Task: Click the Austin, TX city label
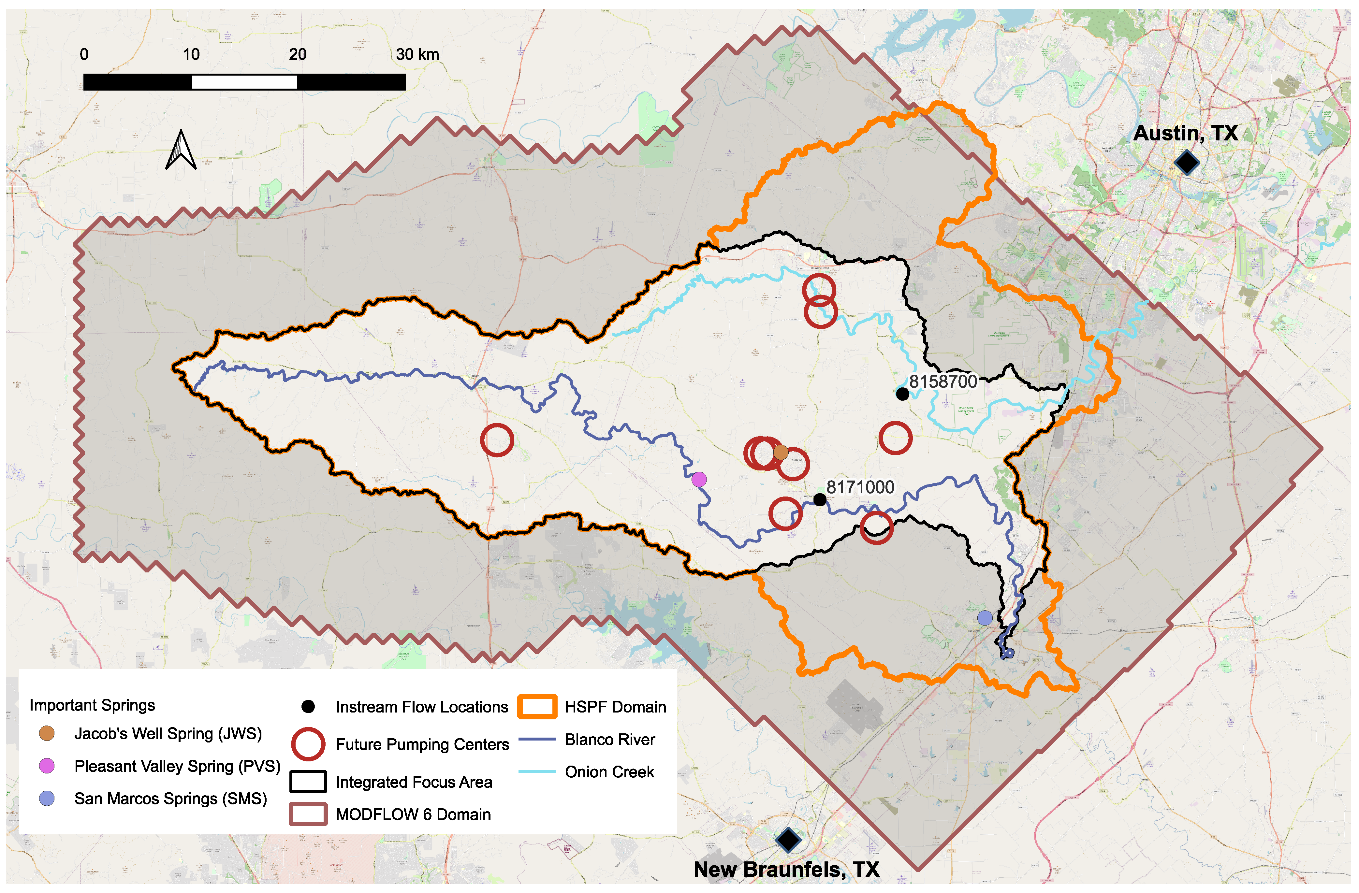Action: point(1185,133)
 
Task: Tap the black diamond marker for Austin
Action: point(1187,163)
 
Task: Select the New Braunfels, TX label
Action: point(786,869)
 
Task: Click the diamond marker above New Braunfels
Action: point(789,839)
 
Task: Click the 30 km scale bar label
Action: point(417,55)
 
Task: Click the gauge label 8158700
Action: point(943,382)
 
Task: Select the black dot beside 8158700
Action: point(902,394)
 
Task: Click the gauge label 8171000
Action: point(860,487)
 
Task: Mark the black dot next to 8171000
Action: point(819,499)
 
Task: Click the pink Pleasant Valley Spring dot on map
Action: point(699,480)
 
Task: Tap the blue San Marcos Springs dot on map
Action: point(985,617)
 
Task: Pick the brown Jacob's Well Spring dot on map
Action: point(781,453)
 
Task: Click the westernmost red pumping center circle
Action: point(497,439)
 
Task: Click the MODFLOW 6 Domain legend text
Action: point(413,814)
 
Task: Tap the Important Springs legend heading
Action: point(92,705)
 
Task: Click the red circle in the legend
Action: point(308,744)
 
